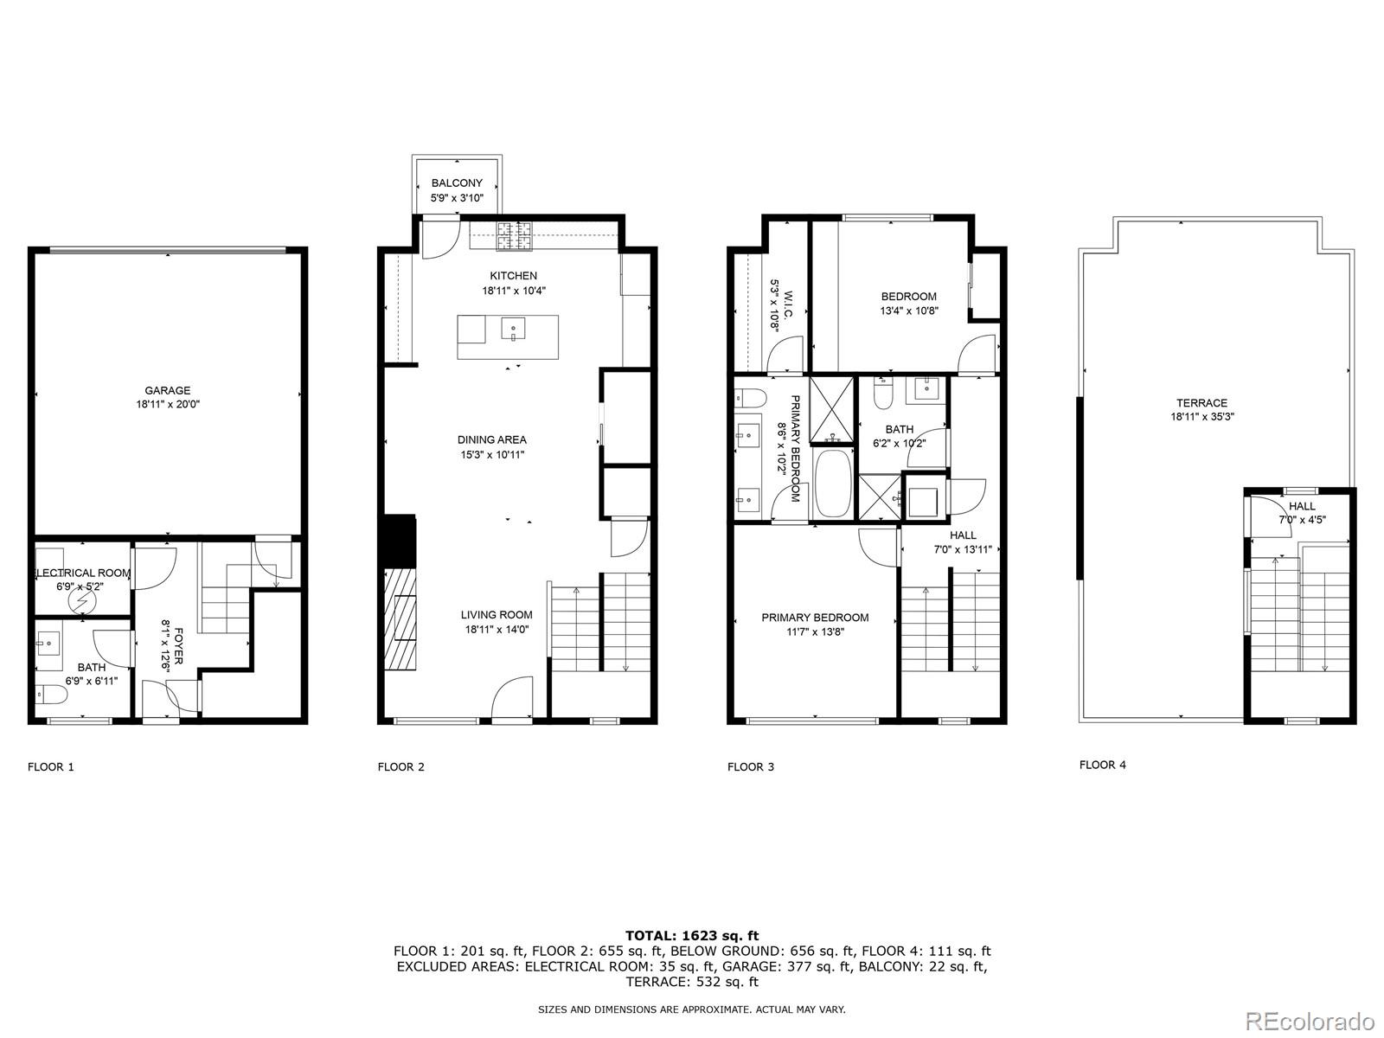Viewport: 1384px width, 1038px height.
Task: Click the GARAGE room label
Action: click(x=167, y=391)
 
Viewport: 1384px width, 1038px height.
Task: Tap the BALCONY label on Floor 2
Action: click(x=457, y=183)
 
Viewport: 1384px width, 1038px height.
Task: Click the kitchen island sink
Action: click(x=514, y=330)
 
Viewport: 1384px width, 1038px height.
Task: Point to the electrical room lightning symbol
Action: click(x=84, y=597)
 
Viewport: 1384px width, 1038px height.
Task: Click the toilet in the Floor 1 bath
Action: click(x=51, y=694)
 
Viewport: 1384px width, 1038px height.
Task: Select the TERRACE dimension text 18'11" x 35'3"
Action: click(x=1201, y=417)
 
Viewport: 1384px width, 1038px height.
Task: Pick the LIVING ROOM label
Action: click(x=496, y=616)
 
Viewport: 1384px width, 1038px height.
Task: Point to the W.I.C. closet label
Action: click(x=782, y=304)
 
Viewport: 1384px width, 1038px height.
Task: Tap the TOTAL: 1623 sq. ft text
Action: click(x=691, y=935)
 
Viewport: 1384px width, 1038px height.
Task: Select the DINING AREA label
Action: click(x=492, y=440)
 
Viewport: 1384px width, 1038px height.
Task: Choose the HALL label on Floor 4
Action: click(x=1302, y=507)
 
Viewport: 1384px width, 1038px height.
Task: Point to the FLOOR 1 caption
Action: click(x=51, y=767)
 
